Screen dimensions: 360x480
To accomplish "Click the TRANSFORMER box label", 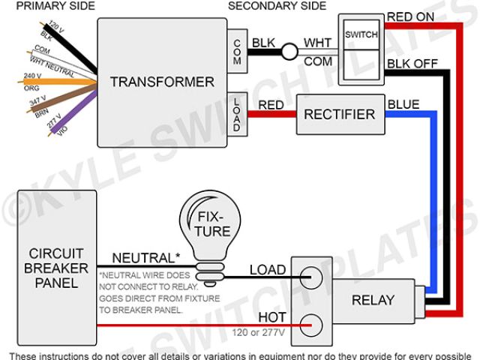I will (x=162, y=82).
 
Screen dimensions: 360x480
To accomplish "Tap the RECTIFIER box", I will (x=339, y=114).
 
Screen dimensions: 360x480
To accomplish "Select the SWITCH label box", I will (x=361, y=35).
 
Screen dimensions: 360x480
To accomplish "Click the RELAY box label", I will (x=373, y=300).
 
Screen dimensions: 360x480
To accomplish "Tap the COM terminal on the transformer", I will (x=236, y=49).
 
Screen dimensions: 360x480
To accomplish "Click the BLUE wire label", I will (x=403, y=103).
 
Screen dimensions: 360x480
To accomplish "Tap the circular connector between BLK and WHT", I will (x=288, y=52).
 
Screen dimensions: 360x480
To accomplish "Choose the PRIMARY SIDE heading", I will (x=48, y=6).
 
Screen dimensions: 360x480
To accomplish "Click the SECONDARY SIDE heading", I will (x=277, y=6).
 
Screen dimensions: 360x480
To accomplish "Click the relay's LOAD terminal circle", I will (x=312, y=278).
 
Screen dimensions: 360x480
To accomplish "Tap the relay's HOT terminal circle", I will (x=312, y=325).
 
